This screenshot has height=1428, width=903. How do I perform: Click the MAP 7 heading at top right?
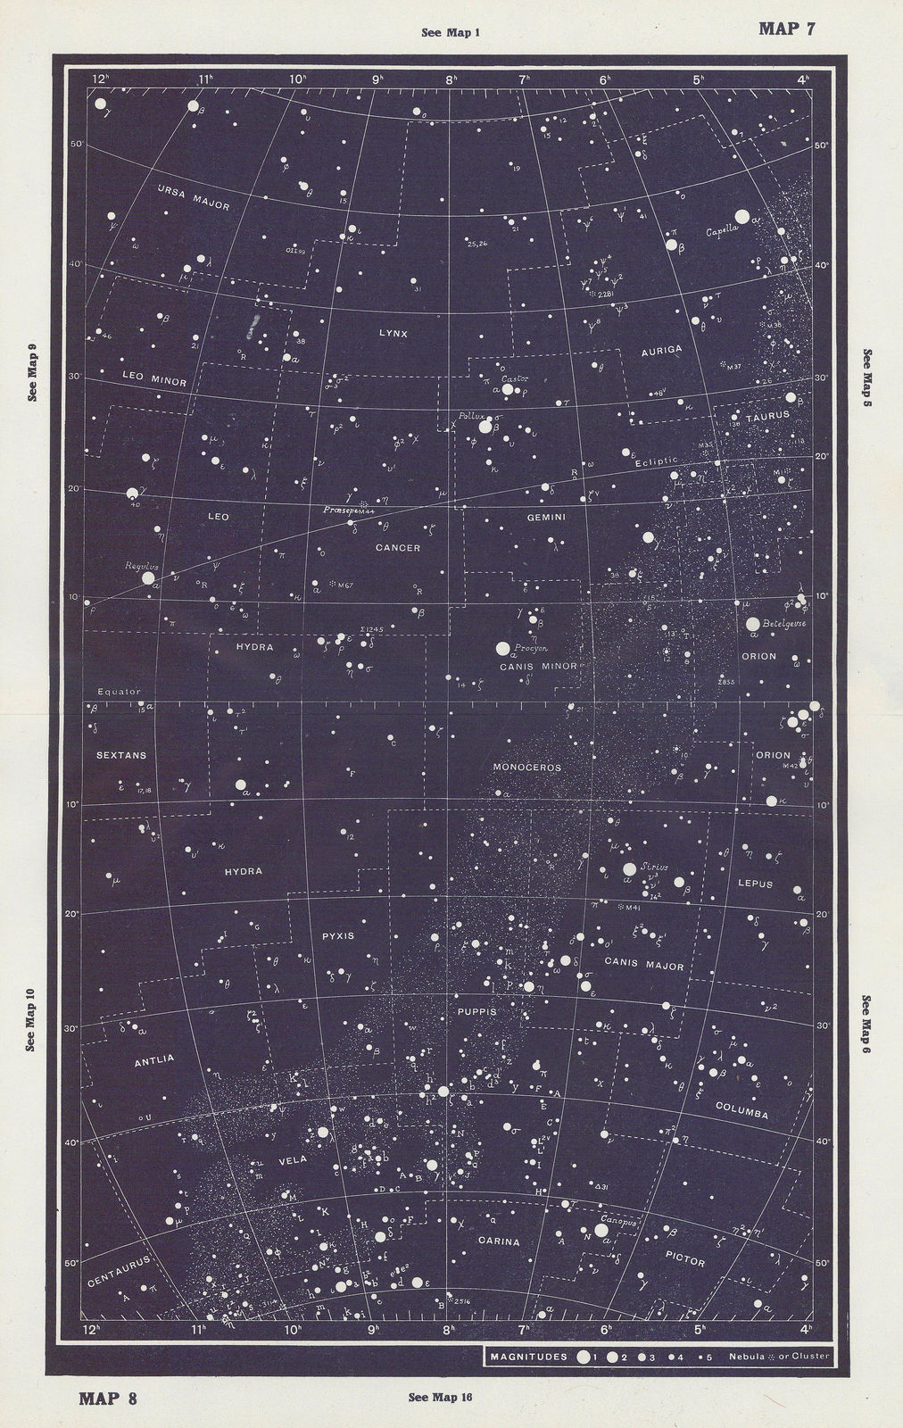pos(786,28)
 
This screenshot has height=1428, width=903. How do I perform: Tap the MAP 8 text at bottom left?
pos(108,1398)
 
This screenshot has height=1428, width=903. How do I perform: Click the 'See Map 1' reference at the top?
pos(451,33)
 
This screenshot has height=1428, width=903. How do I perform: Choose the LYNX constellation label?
pos(393,333)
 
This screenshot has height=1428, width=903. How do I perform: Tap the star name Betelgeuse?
pos(784,624)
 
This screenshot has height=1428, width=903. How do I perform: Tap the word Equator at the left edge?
pos(113,692)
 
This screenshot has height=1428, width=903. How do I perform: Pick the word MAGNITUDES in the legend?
pos(528,1357)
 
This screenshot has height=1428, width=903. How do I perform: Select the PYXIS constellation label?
pos(339,935)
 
